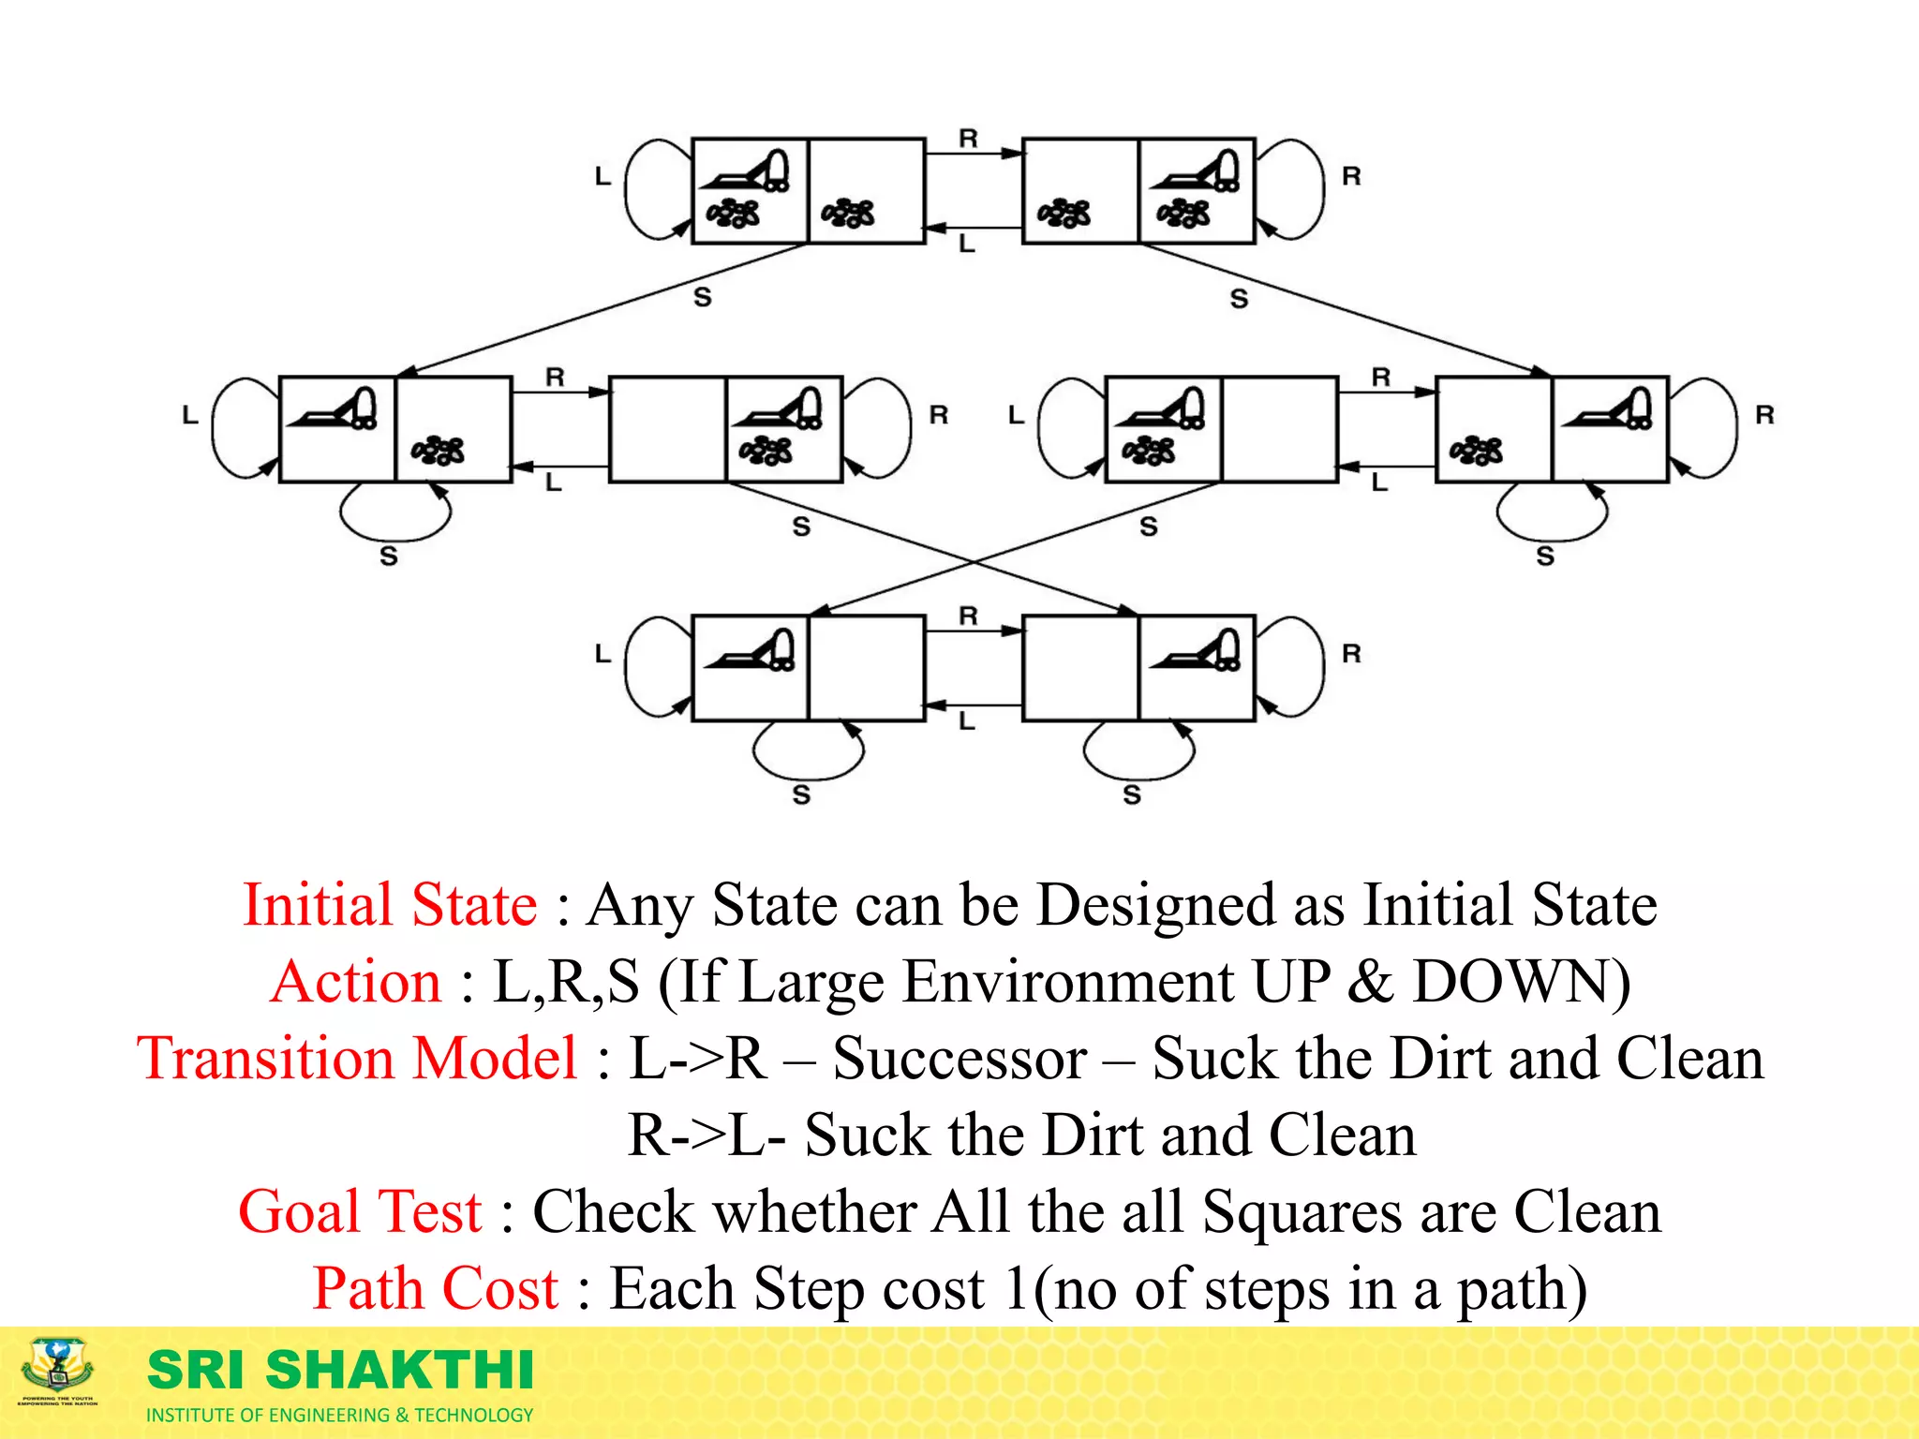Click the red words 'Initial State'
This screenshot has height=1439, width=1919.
tap(390, 905)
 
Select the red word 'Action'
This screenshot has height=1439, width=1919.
tap(356, 982)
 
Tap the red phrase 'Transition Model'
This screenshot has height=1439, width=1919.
tap(357, 1059)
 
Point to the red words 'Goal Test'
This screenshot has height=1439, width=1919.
tap(361, 1211)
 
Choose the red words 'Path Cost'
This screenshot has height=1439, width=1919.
tap(436, 1288)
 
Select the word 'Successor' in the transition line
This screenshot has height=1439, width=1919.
tap(960, 1059)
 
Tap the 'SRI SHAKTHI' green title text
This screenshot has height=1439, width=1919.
tap(341, 1370)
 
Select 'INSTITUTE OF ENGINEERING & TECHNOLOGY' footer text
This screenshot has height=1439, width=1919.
tap(339, 1415)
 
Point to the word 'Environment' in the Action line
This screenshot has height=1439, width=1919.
tap(1068, 982)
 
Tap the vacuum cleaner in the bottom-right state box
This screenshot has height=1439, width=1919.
tap(1198, 649)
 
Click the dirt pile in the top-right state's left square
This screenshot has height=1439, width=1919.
tap(1064, 214)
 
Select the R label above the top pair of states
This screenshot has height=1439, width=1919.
tap(968, 139)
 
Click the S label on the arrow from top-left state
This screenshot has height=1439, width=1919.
tap(703, 297)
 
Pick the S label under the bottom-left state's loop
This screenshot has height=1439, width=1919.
tap(801, 794)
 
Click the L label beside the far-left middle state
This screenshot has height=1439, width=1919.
tap(190, 414)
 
